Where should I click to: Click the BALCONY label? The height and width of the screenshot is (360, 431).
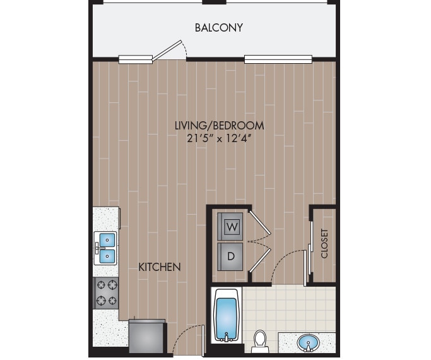click(218, 28)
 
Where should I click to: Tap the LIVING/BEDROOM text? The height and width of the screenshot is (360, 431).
click(219, 126)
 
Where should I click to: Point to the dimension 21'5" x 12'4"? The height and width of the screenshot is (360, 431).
click(219, 139)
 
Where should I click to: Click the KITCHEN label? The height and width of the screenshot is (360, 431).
click(160, 267)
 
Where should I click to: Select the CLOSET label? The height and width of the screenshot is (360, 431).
click(324, 243)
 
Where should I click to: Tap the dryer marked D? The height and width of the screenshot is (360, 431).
click(231, 256)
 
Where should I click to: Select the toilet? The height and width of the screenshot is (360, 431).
click(260, 342)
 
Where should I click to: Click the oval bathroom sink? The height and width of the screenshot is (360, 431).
click(308, 343)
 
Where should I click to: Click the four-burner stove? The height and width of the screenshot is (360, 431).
click(106, 292)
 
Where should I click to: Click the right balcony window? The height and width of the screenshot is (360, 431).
click(278, 60)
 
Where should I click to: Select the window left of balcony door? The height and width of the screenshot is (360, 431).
click(136, 60)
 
